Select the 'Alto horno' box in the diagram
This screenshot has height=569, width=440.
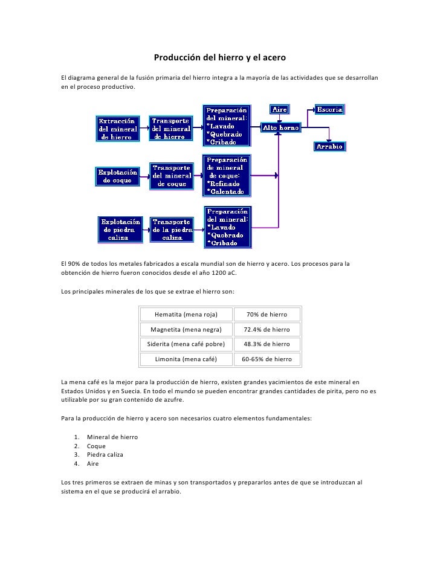[x=280, y=128]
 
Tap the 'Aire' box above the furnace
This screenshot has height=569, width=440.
[x=279, y=109]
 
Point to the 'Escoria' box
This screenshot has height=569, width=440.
[x=330, y=109]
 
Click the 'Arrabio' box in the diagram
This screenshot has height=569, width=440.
[x=329, y=146]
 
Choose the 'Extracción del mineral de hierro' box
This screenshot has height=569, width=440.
[x=118, y=128]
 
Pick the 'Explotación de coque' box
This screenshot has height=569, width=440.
[x=118, y=176]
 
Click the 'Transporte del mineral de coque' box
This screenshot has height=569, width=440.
[x=172, y=176]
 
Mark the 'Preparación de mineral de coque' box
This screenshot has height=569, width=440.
[x=225, y=175]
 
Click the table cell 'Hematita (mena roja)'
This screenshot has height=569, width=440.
[x=186, y=315]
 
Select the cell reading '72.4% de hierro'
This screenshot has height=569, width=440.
[x=267, y=330]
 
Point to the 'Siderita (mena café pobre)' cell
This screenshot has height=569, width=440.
[x=186, y=344]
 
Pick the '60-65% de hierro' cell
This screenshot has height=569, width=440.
[x=267, y=359]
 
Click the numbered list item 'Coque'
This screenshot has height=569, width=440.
[x=96, y=446]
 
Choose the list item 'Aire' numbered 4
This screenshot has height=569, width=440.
[x=93, y=464]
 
